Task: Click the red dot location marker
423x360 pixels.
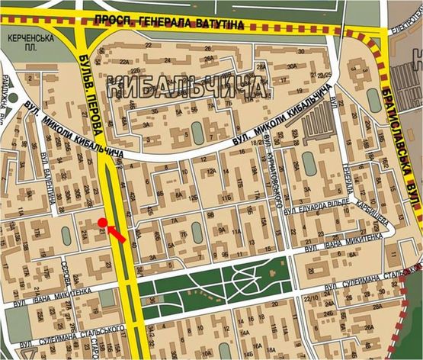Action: click(x=102, y=223)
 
